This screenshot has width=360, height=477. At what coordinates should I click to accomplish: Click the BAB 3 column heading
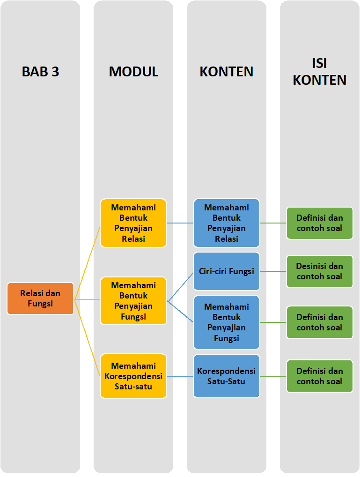(40, 72)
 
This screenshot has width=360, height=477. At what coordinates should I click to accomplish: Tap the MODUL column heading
(133, 72)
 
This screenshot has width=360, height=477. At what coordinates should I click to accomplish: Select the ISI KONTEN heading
(320, 72)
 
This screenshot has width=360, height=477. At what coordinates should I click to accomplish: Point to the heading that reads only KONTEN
(227, 72)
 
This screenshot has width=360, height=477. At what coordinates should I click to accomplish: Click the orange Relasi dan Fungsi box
(40, 298)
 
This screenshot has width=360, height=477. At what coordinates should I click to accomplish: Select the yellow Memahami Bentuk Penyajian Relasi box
(133, 223)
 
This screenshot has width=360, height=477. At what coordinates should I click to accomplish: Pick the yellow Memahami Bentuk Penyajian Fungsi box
(133, 301)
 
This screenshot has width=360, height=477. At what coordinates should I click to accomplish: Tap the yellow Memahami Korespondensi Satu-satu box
(133, 376)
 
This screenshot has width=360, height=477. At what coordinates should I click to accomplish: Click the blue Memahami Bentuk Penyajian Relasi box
(227, 223)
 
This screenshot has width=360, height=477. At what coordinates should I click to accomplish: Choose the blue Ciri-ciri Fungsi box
(227, 271)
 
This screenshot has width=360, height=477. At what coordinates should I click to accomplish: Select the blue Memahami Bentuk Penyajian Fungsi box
(227, 322)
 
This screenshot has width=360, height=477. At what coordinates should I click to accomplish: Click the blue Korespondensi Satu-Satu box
(227, 376)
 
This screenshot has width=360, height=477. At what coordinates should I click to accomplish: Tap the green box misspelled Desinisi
(320, 271)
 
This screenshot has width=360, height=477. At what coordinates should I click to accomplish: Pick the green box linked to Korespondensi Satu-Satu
(320, 376)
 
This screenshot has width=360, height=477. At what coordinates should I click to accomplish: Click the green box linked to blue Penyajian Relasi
(320, 223)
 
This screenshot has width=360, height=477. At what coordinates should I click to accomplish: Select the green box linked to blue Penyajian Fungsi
(320, 322)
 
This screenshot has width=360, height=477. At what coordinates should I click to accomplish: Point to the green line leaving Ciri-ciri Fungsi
(273, 271)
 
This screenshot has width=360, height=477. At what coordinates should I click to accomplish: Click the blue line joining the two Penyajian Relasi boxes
(180, 223)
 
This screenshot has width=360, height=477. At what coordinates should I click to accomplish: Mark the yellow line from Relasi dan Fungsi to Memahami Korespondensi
(87, 337)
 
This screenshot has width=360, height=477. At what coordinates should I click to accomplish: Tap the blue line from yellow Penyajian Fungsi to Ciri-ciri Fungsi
(180, 286)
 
